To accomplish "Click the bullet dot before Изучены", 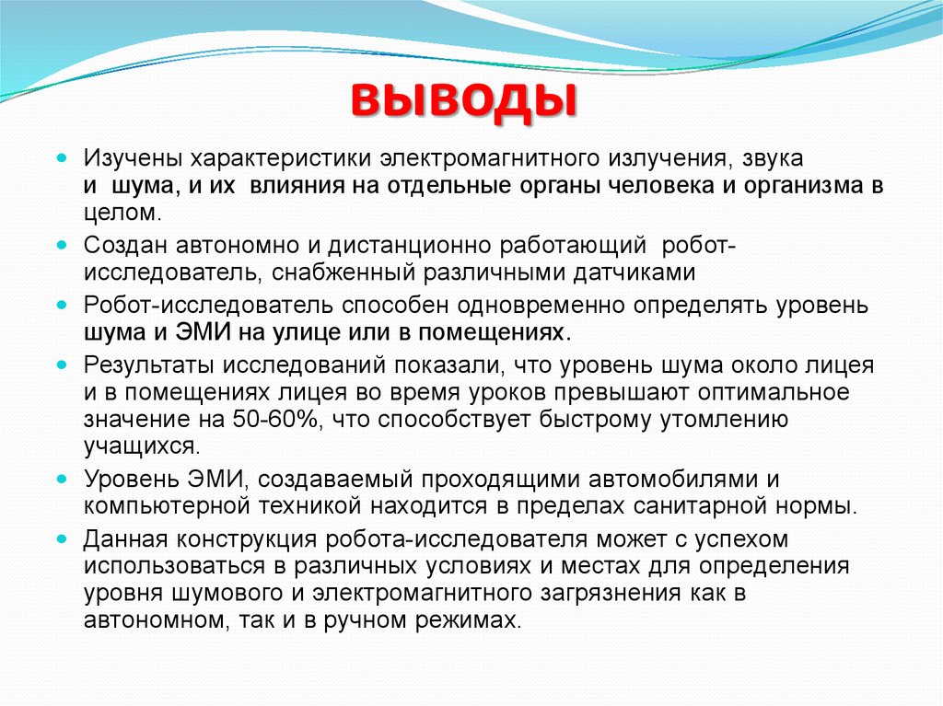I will pos(61,157).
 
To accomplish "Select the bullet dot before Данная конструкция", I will pos(61,538).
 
